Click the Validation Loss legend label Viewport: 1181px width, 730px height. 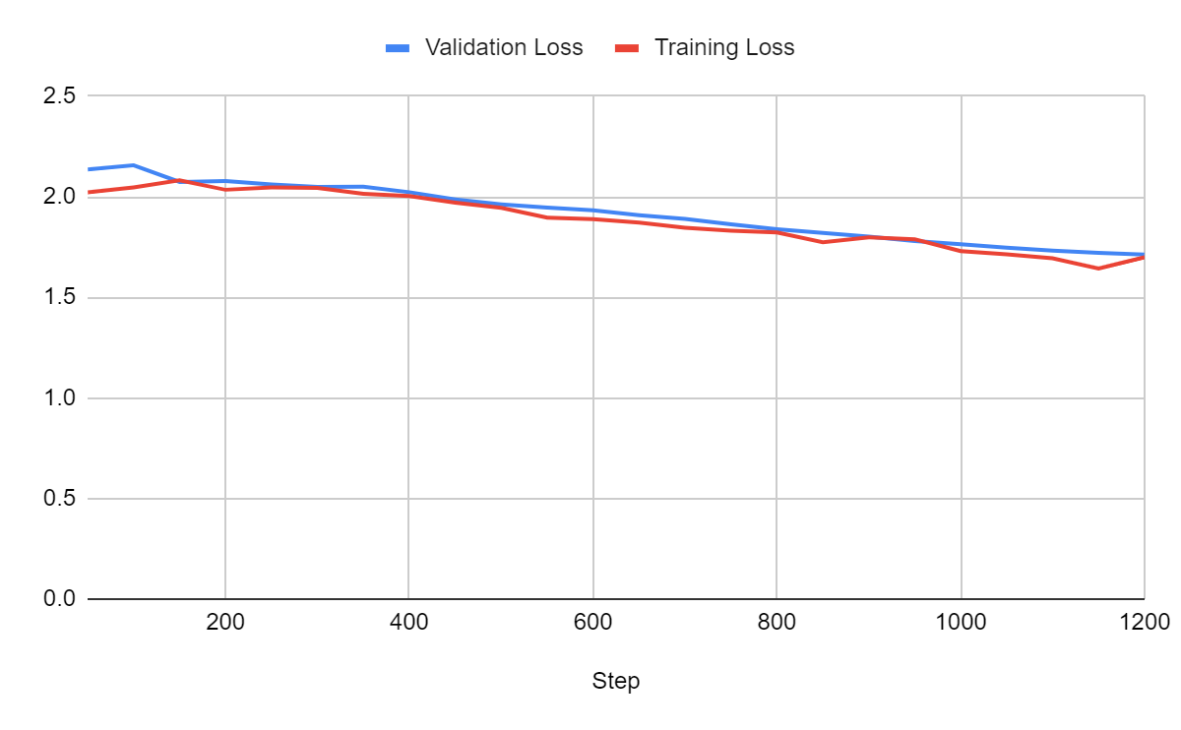pos(503,47)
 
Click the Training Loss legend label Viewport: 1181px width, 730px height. pos(724,47)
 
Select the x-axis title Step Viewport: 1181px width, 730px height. pos(616,681)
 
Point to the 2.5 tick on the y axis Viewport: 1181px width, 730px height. pos(59,96)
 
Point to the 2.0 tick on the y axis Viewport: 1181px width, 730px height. pos(59,197)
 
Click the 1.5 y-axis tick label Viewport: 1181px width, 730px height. pos(59,298)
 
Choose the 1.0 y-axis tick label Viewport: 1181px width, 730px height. pos(59,398)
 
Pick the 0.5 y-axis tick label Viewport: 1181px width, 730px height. pos(59,499)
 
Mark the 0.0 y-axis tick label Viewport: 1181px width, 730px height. pos(59,599)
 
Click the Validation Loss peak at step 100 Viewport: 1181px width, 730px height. pos(133,165)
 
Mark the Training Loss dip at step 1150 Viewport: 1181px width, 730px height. pos(1098,269)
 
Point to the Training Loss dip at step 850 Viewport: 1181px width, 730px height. pos(823,242)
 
